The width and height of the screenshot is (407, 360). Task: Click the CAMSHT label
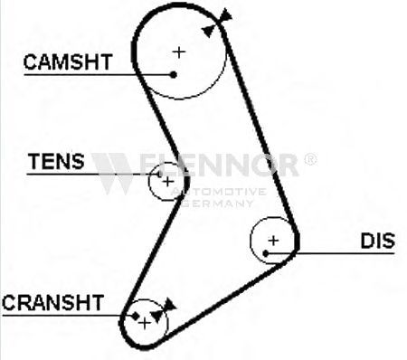[68, 62]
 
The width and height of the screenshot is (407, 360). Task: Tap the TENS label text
[56, 161]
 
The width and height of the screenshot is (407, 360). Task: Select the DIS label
[378, 241]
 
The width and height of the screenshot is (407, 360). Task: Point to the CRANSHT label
[53, 303]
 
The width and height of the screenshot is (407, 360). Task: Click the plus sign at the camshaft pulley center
[179, 52]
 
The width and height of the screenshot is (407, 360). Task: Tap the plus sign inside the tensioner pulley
[167, 182]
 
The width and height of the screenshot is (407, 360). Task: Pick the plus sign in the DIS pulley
[273, 241]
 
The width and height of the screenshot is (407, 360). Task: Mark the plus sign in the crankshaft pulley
[145, 323]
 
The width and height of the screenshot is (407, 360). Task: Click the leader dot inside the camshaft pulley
[173, 74]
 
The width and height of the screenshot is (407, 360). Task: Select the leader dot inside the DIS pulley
[266, 253]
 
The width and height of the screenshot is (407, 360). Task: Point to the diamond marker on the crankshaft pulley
[135, 316]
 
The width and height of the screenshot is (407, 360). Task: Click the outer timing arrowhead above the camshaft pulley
[225, 15]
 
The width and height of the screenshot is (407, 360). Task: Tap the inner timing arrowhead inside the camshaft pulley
[209, 31]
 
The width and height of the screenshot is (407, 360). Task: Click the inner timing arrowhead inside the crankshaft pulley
[157, 316]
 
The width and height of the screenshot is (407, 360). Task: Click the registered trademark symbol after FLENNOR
[310, 159]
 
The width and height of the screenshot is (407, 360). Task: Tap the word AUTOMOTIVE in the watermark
[219, 192]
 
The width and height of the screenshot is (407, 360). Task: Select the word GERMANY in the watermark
[218, 204]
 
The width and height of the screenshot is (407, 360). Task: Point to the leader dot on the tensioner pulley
[159, 174]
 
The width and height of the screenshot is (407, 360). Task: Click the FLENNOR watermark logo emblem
[112, 173]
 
